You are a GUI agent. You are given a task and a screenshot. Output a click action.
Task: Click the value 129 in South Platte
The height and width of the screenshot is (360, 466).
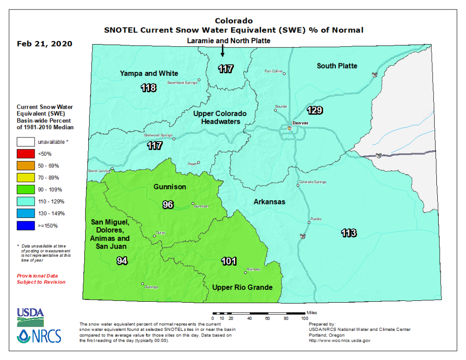tap(315, 110)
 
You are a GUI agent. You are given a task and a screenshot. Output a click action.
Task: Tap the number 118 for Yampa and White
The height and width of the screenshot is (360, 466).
tap(148, 88)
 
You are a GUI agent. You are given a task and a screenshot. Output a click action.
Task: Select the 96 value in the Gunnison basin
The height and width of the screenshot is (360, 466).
tap(168, 205)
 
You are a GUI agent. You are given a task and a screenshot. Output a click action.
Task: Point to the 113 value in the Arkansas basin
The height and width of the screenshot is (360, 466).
tap(349, 233)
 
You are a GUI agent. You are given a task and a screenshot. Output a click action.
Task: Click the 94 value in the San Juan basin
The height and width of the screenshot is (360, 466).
tap(122, 261)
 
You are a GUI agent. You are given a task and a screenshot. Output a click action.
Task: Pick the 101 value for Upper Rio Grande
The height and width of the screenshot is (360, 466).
tap(228, 261)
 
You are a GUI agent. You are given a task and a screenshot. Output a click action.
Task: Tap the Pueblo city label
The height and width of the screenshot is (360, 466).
tap(316, 219)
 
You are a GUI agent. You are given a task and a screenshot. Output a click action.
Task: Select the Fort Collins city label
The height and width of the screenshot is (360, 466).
tap(274, 71)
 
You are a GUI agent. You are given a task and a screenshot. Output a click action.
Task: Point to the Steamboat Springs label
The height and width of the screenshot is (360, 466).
tap(182, 83)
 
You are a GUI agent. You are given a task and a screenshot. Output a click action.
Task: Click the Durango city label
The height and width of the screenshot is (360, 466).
tap(152, 287)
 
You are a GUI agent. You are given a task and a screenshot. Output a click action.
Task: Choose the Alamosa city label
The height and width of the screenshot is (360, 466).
tap(254, 269)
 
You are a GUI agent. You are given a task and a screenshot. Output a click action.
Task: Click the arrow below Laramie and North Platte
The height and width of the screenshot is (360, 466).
tap(223, 51)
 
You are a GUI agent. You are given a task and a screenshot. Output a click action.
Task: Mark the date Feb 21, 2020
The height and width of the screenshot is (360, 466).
tap(45, 44)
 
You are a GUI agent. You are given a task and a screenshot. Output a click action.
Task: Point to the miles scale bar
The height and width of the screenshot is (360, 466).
tap(258, 313)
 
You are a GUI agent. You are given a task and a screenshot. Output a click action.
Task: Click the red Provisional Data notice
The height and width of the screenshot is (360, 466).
tap(41, 279)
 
